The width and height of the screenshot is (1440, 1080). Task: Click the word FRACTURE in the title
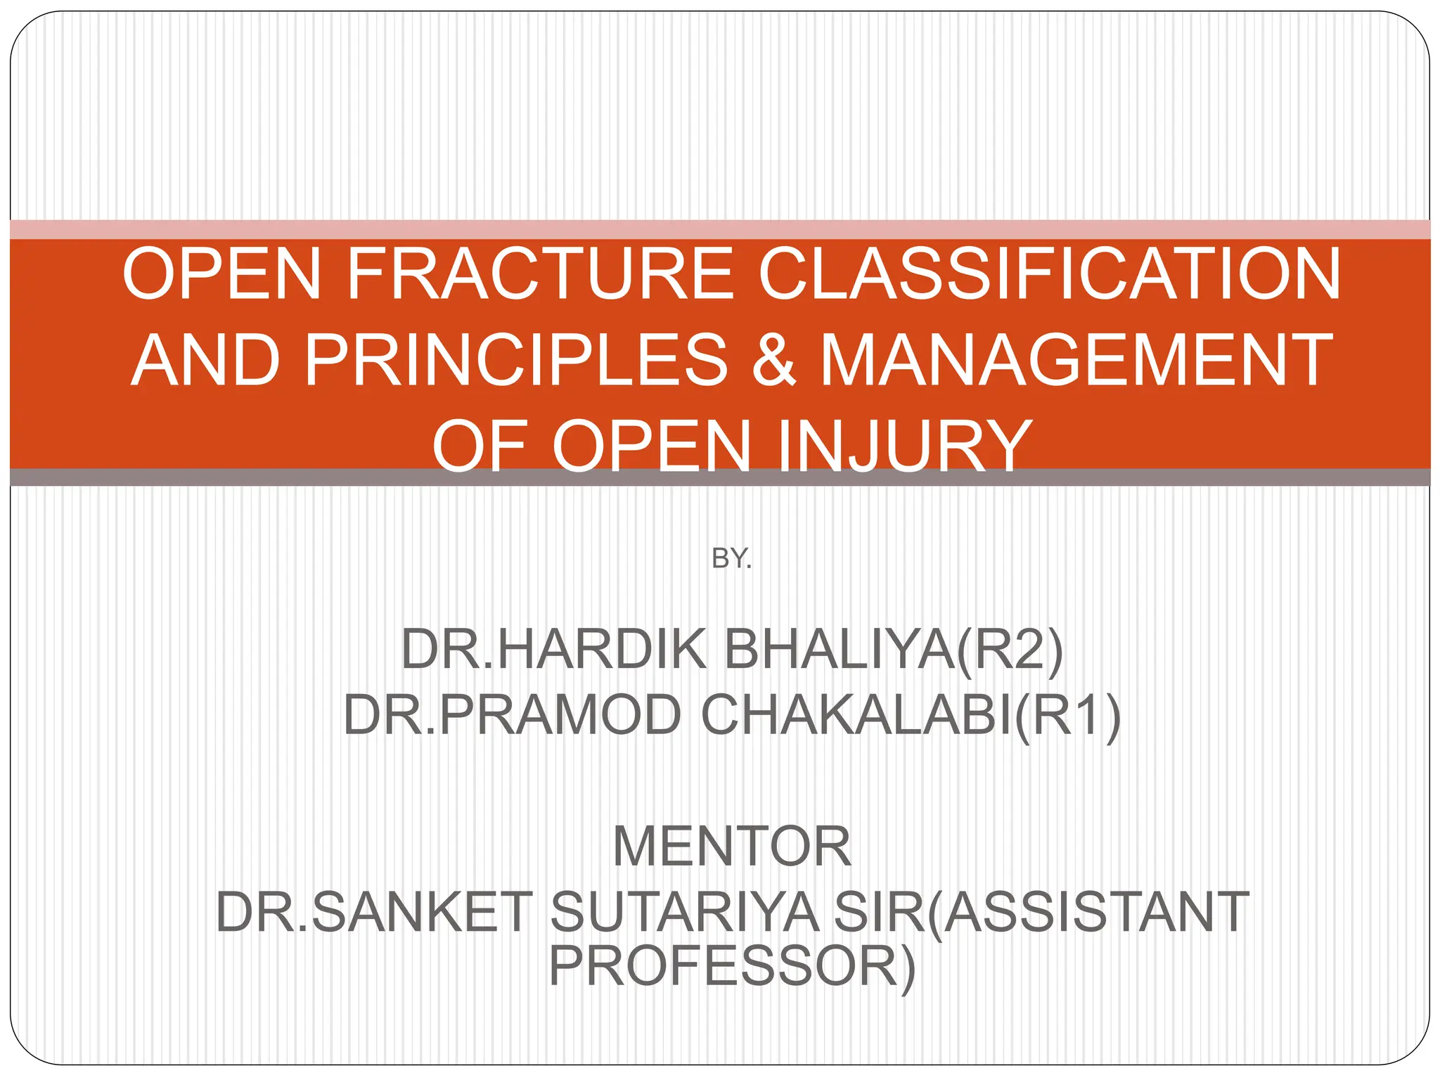540,274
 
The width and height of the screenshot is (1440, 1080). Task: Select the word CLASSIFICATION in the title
1049,274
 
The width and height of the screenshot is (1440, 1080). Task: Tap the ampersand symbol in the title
773,360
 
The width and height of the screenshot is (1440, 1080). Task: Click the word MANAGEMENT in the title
1076,360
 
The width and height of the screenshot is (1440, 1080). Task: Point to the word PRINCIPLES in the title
516,360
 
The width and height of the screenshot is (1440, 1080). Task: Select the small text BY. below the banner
731,559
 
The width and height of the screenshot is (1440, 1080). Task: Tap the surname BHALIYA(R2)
893,649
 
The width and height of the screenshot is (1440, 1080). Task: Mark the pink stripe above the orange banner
720,229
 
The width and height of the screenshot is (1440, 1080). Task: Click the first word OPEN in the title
222,274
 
